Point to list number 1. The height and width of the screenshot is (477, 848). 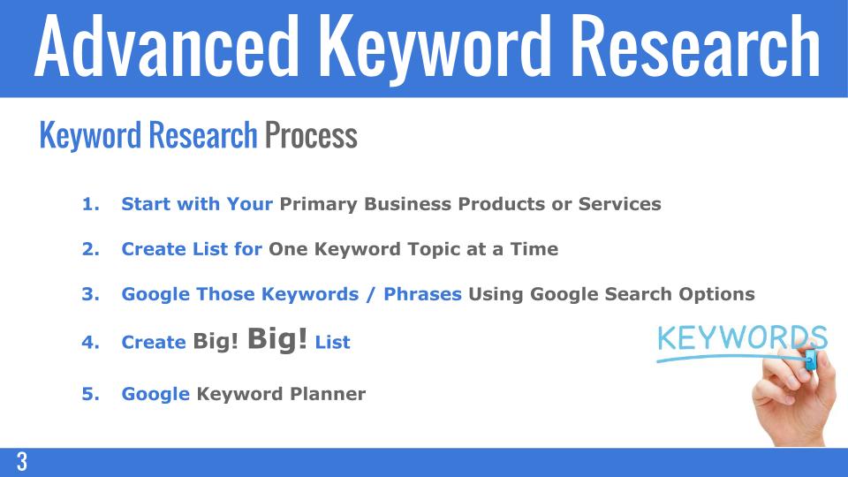pyautogui.click(x=89, y=204)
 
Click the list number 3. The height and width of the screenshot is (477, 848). pyautogui.click(x=89, y=294)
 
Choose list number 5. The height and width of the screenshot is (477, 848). pyautogui.click(x=89, y=394)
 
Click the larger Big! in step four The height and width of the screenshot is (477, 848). pyautogui.click(x=277, y=338)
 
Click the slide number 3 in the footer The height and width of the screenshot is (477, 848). pyautogui.click(x=21, y=462)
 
